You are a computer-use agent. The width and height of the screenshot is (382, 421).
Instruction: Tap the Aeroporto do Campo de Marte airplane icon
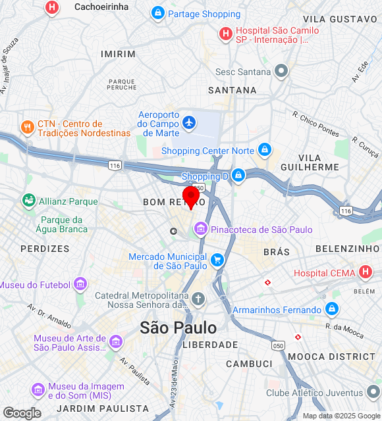point(189,122)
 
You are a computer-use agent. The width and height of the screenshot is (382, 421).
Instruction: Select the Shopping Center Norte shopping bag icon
point(264,151)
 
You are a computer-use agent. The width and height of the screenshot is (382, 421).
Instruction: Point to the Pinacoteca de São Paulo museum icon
point(200,230)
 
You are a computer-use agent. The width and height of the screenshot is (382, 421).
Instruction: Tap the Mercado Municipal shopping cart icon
point(217,261)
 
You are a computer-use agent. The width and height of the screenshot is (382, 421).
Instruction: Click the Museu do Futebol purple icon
point(80,284)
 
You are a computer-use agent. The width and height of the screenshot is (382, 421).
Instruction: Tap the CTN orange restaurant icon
point(27,128)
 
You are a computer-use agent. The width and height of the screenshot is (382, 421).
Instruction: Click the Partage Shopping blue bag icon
point(157,13)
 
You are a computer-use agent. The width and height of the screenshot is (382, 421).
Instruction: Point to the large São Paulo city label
point(178,327)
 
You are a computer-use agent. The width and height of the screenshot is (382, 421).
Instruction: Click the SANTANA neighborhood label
point(232,90)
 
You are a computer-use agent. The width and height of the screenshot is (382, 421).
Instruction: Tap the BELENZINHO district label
point(348,249)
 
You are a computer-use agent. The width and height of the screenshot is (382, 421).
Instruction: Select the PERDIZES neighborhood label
point(45,249)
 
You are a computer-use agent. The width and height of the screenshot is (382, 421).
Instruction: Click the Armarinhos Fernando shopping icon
point(331,309)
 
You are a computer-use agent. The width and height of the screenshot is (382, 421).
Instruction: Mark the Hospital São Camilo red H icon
point(225,32)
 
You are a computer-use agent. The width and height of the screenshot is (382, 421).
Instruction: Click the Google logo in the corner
point(21,413)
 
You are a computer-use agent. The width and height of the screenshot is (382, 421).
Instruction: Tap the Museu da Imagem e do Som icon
point(38,391)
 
